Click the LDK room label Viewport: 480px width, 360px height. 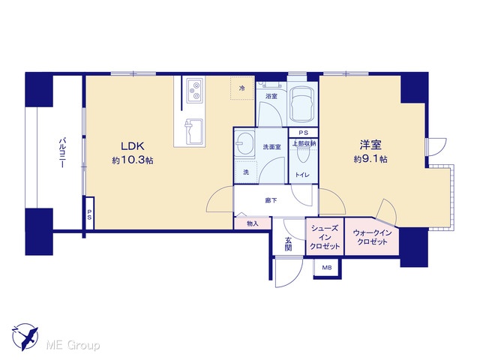click(x=133, y=146)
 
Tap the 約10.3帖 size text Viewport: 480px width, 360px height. click(x=133, y=160)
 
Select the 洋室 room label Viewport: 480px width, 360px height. click(x=370, y=145)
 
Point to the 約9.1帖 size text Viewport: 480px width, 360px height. click(x=370, y=159)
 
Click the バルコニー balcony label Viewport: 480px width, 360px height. click(x=62, y=153)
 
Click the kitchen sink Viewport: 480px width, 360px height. click(x=193, y=131)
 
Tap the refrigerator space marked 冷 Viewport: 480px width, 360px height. click(x=242, y=88)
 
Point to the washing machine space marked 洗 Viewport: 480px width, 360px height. click(x=246, y=172)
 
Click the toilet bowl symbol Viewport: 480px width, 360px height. click(x=303, y=157)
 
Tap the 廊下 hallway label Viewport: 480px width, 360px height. click(x=271, y=200)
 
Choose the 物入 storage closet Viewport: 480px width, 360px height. click(x=253, y=223)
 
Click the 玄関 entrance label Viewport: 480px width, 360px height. click(x=288, y=244)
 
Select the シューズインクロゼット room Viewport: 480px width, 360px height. click(x=325, y=236)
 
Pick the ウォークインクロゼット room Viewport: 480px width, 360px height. click(x=372, y=236)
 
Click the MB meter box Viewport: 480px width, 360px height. click(x=327, y=268)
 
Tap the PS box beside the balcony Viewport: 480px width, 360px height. click(x=89, y=213)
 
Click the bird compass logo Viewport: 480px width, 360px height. click(x=25, y=337)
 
